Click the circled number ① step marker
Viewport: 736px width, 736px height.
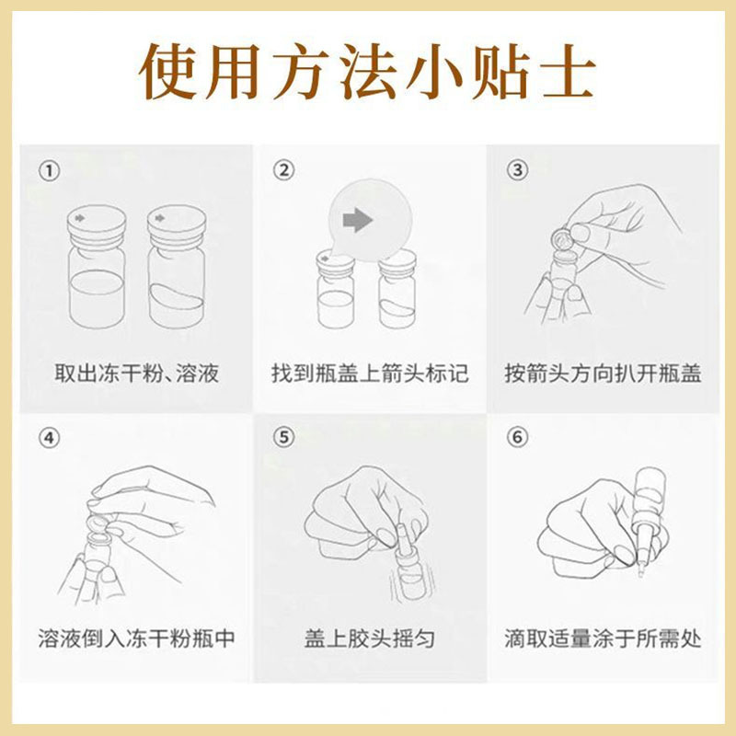50,171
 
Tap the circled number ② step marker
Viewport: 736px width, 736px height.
283,170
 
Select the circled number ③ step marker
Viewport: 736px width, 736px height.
517,170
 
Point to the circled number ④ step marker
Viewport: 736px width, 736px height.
50,439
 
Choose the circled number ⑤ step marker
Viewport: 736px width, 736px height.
283,438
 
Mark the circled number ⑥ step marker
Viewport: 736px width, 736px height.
517,437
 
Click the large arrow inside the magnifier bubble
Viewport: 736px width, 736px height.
358,220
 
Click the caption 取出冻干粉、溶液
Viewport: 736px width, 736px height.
136,374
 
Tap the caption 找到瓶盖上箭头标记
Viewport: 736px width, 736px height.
370,374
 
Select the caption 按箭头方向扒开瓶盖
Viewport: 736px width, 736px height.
603,374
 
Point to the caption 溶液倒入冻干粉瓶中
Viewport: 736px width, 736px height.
136,638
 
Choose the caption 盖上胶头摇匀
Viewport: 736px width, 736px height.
370,638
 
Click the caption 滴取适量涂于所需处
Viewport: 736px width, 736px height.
603,638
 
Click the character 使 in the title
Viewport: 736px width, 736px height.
167,72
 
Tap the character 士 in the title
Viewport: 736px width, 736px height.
569,72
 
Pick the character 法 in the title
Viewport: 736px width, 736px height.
369,72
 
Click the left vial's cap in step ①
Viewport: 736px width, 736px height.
97,226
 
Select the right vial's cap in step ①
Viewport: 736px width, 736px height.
177,226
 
